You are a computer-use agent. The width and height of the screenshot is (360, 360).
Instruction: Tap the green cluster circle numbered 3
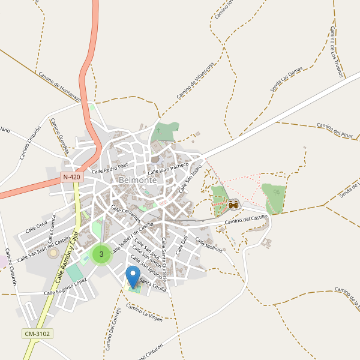101,254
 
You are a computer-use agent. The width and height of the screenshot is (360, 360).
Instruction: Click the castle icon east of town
233,205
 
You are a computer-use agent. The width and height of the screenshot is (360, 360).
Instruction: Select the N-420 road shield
71,178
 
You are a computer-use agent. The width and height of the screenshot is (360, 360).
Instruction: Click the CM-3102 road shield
37,334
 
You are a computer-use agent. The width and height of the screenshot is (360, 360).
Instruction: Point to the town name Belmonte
138,180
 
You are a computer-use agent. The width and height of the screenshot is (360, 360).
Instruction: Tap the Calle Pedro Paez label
110,167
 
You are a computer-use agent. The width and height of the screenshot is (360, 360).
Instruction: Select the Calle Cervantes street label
126,213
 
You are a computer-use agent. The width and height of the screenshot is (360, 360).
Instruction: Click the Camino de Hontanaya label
59,88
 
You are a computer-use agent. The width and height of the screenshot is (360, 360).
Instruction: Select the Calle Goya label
36,227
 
